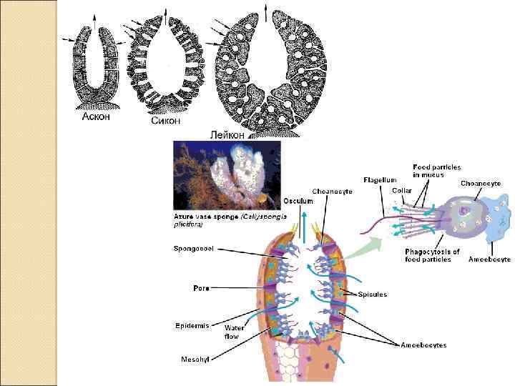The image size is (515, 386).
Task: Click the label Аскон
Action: (x=95, y=117)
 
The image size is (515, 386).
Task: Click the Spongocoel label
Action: (x=194, y=249)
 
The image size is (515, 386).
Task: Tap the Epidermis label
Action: (x=192, y=325)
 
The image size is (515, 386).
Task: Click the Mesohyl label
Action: (x=195, y=357)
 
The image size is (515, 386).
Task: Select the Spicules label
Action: (x=373, y=294)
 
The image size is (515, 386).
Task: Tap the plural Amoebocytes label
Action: (x=423, y=345)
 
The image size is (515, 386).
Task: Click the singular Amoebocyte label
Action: (x=489, y=259)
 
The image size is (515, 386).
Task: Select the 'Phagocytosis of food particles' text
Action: (x=432, y=255)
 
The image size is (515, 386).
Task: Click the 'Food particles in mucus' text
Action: (x=438, y=171)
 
